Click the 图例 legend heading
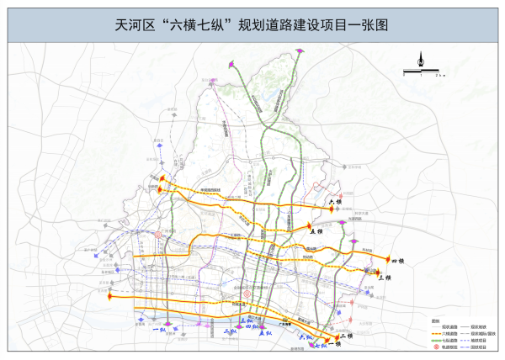[x=435, y=320]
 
